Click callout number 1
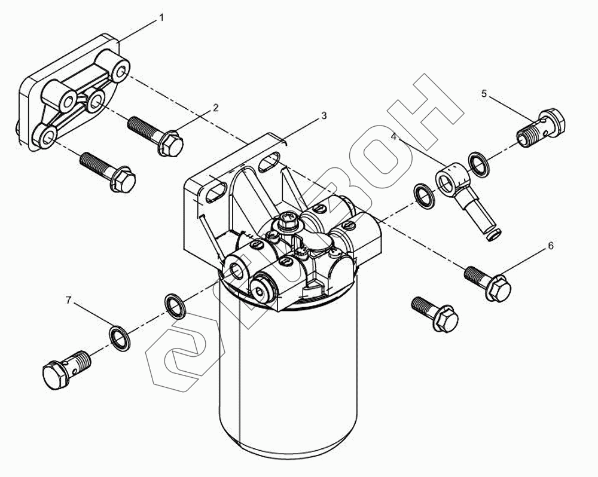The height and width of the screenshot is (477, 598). coord(161,17)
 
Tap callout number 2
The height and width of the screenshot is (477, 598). coord(216,108)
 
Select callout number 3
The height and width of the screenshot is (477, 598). coord(324,115)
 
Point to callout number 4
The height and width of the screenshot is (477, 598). coord(394,136)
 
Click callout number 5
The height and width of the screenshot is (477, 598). coord(484,93)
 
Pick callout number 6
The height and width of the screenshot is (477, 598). coord(551,246)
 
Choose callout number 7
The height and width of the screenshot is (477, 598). coord(69,300)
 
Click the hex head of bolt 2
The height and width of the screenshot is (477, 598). coord(171,143)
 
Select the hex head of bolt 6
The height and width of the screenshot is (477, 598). coord(499,288)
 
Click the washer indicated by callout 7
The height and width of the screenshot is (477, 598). coord(120,339)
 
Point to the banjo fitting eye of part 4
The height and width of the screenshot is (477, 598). coord(450,179)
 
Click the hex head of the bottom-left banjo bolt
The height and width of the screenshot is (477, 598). coord(56,375)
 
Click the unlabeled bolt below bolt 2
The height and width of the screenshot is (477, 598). coord(108,172)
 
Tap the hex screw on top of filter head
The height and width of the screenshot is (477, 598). coord(287,221)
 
